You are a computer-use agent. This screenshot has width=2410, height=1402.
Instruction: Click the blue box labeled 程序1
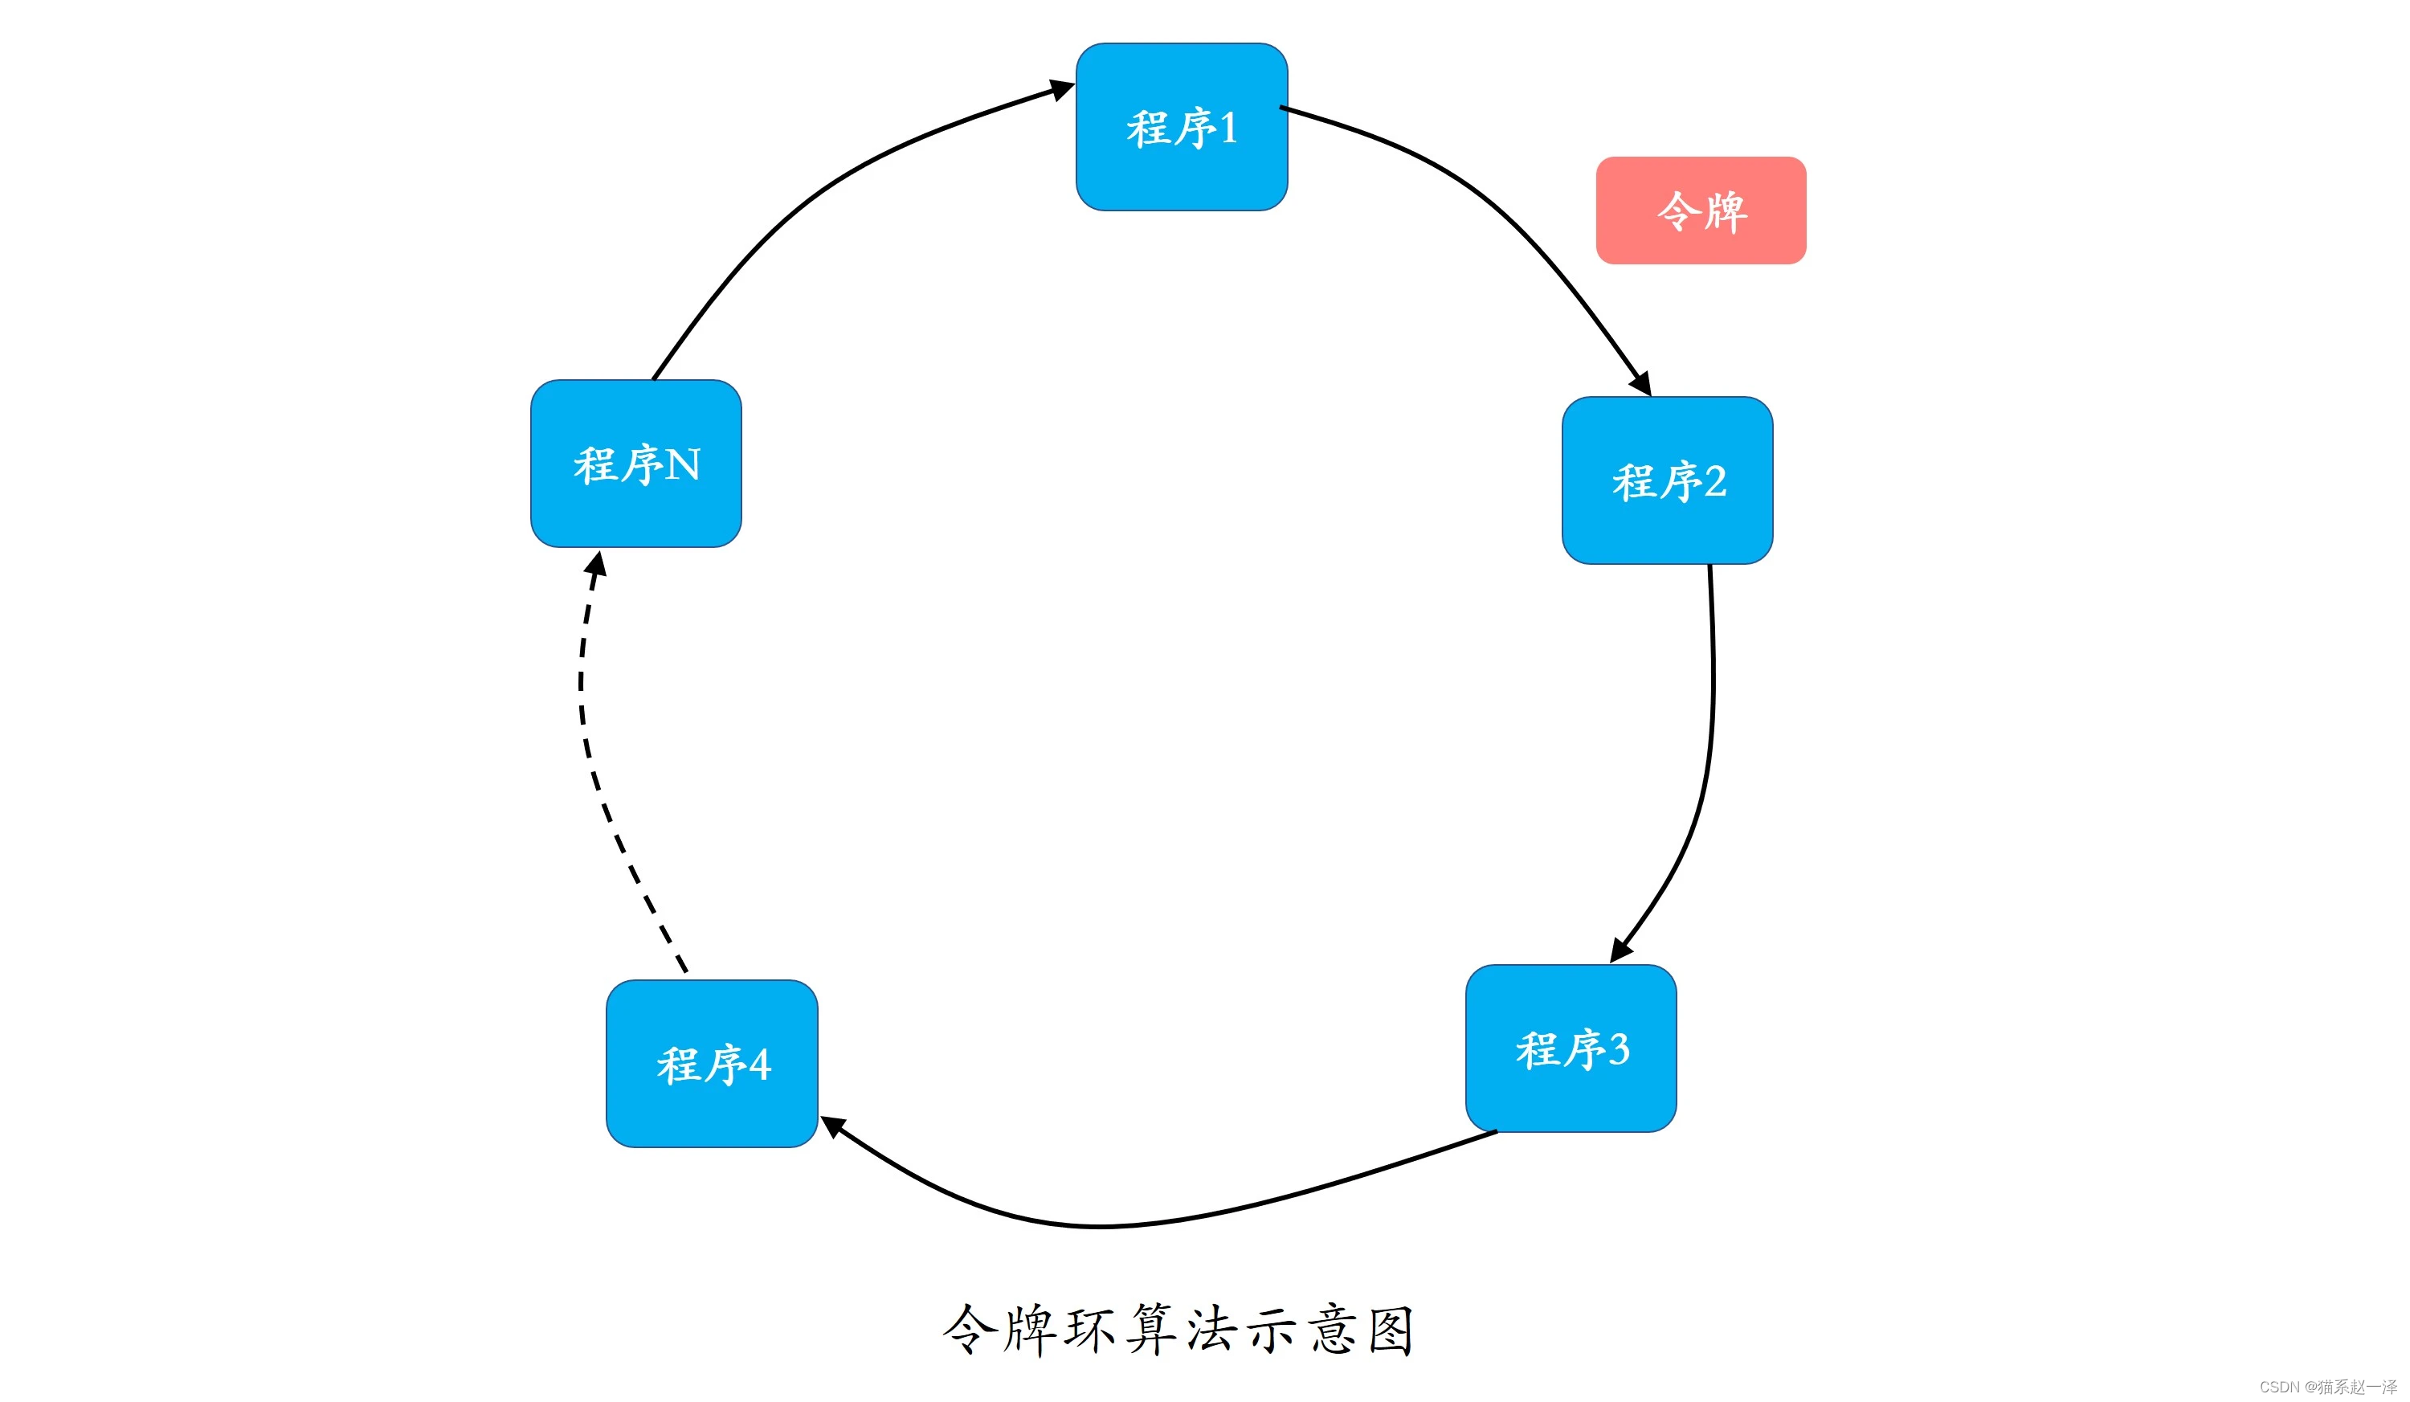pos(1181,126)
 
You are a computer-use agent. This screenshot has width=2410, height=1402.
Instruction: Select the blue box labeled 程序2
pos(1667,480)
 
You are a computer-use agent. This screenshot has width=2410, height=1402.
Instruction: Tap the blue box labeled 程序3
pos(1571,1048)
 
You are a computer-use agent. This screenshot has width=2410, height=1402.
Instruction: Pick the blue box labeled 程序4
pos(712,1064)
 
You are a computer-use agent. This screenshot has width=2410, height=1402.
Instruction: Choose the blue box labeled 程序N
pos(636,464)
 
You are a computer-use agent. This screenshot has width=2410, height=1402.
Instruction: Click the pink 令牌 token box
pos(1701,211)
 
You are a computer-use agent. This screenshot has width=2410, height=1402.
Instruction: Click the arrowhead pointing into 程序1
pos(1061,90)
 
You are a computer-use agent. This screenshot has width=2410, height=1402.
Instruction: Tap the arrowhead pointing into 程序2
pos(1641,382)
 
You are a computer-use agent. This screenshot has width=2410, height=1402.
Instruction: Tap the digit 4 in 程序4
pos(759,1065)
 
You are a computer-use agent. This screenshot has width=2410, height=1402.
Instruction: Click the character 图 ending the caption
pos(1391,1330)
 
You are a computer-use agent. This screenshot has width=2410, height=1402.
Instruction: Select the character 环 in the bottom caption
pos(1090,1330)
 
